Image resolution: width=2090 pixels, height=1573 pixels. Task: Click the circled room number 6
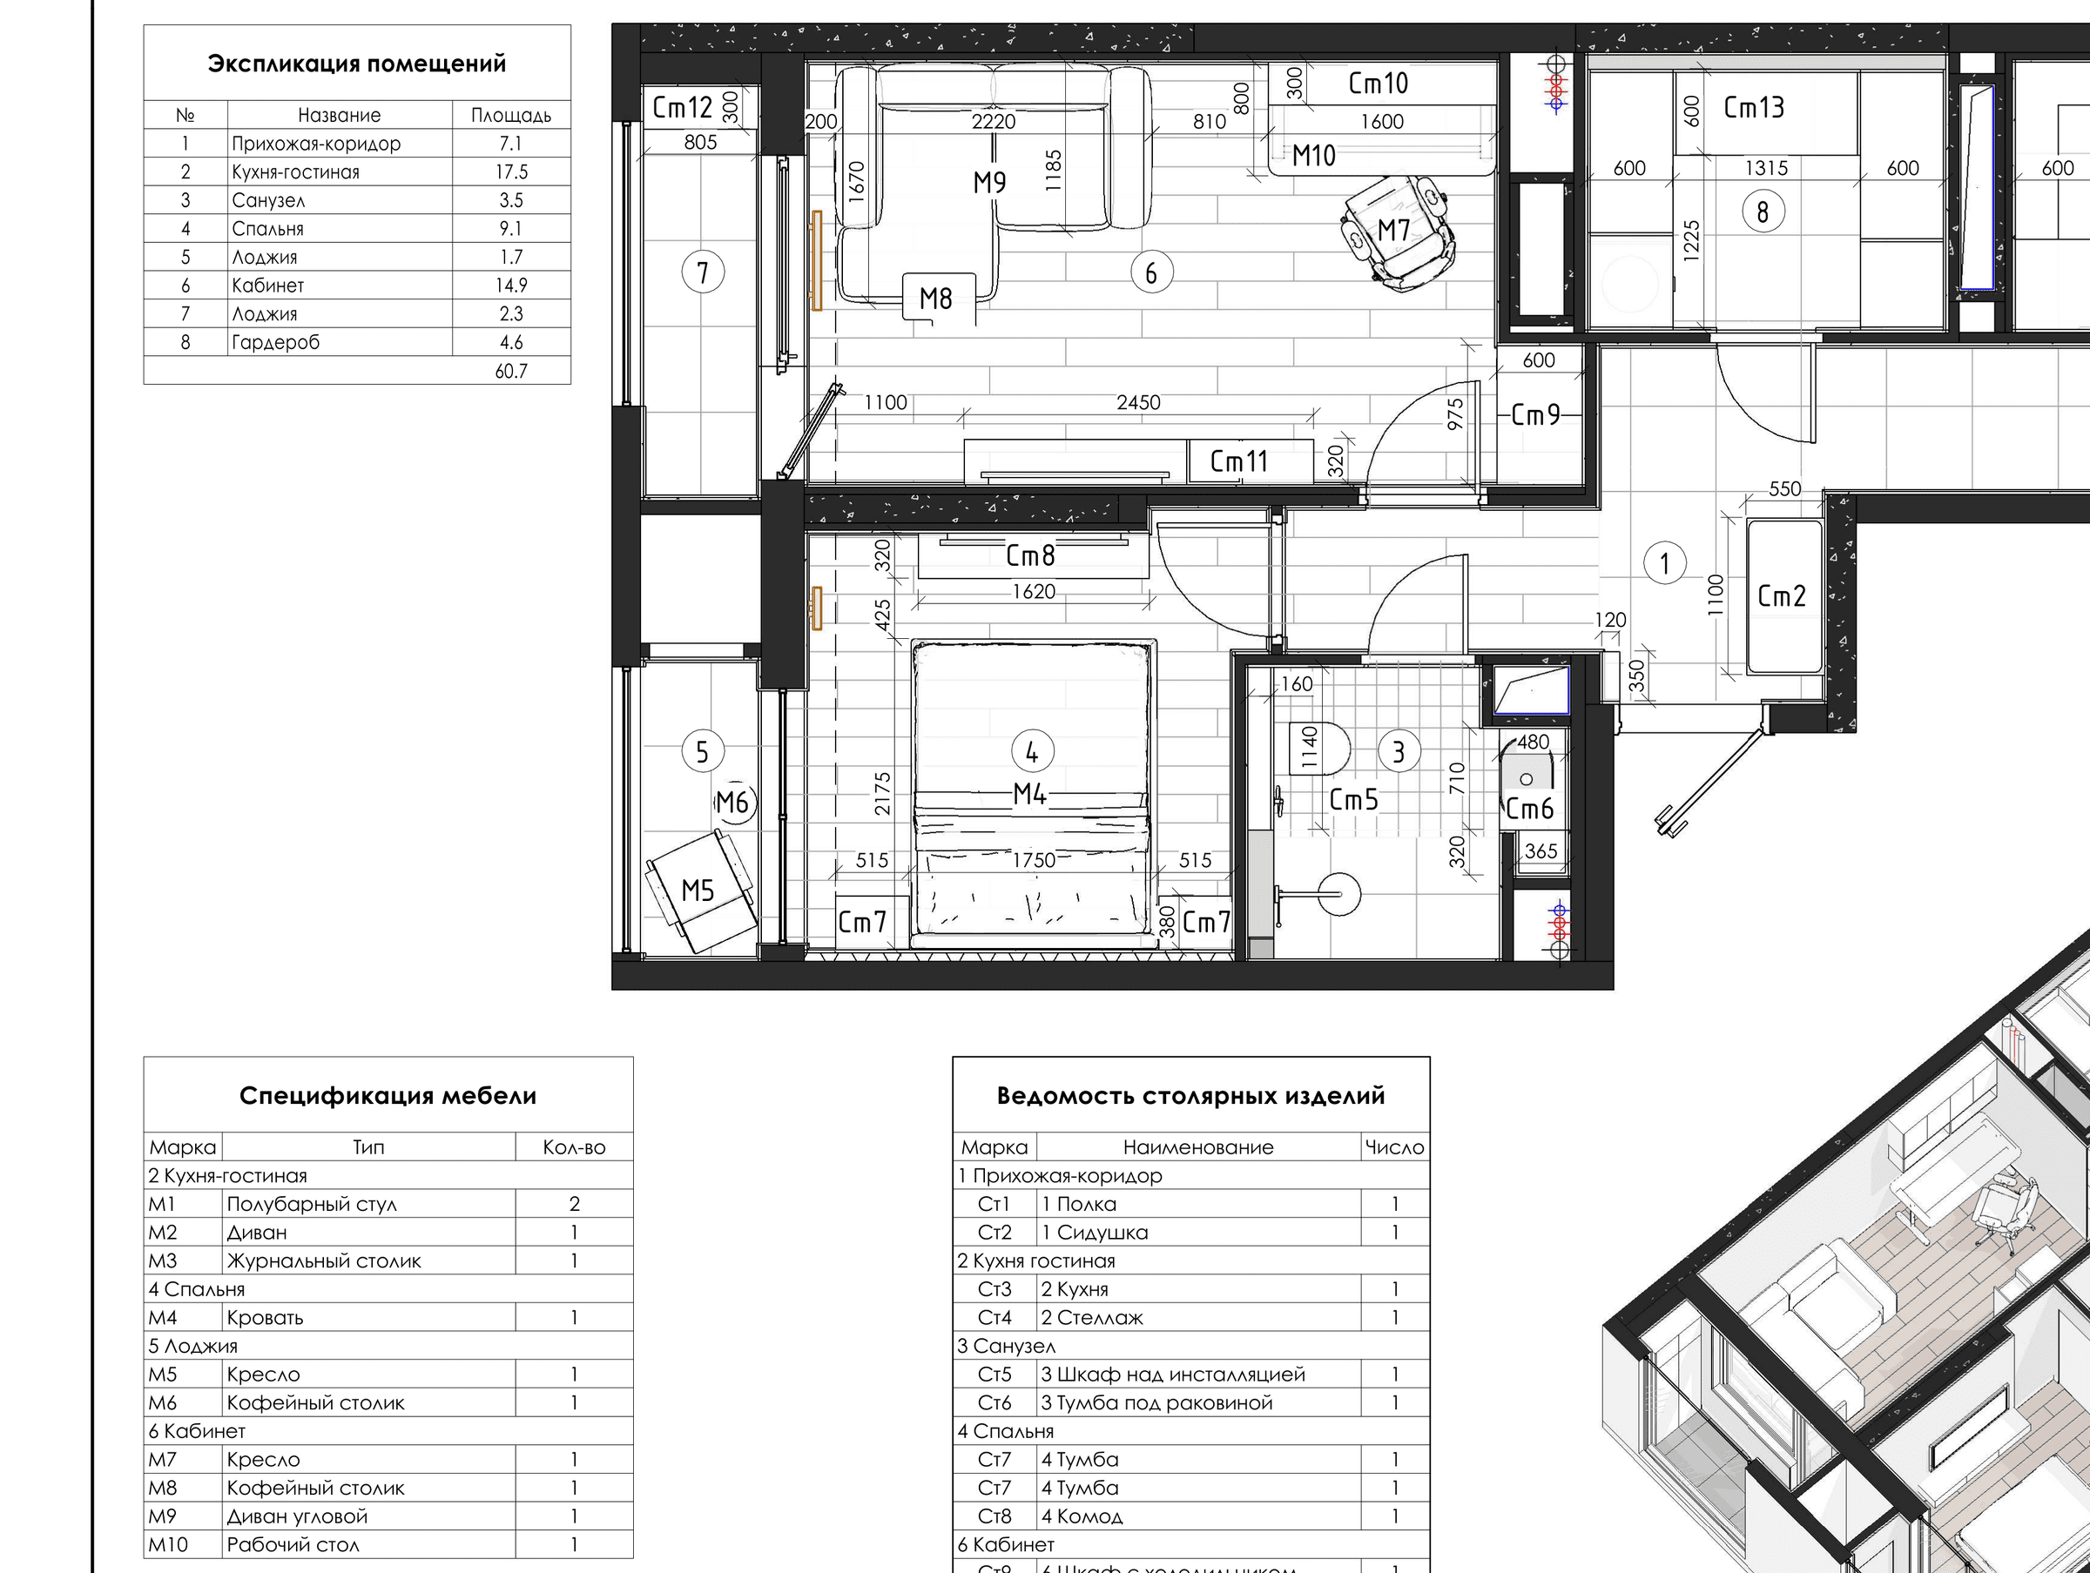pos(1151,273)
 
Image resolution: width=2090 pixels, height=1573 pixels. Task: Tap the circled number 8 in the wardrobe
pos(1763,212)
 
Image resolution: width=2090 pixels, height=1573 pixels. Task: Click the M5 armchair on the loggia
pos(700,891)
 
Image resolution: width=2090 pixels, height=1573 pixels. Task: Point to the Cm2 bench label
pos(1781,596)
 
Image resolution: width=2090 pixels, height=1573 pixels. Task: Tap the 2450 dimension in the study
pos(1137,402)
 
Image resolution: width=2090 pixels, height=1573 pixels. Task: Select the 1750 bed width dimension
pos(1034,860)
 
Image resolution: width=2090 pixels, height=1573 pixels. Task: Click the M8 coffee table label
pos(935,299)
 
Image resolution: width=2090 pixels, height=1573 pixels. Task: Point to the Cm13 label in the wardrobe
pos(1754,108)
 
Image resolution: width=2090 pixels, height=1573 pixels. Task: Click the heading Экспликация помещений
pos(356,64)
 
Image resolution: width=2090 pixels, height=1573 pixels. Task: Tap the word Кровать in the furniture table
pos(265,1317)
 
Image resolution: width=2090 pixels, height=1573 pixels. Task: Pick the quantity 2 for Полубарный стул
pos(575,1204)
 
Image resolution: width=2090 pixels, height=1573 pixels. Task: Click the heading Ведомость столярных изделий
pos(1190,1096)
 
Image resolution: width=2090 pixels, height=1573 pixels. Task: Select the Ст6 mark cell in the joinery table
pos(994,1403)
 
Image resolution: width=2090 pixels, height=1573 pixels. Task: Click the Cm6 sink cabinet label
pos(1529,809)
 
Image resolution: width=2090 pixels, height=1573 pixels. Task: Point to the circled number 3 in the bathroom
pos(1399,752)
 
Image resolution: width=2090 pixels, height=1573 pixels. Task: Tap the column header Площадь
pos(511,115)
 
